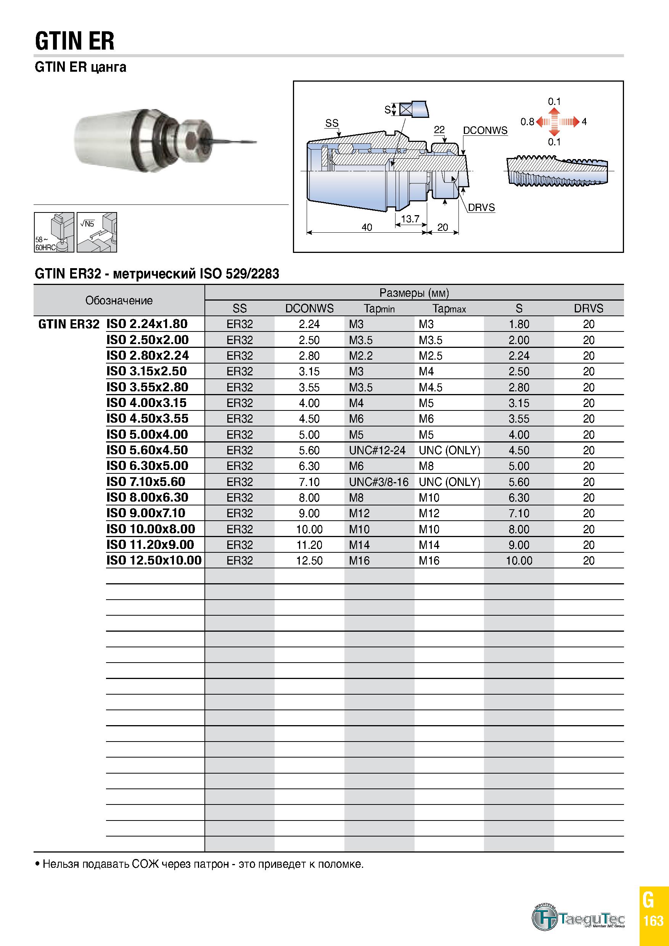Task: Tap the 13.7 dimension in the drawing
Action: (x=410, y=219)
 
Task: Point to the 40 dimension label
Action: (x=367, y=227)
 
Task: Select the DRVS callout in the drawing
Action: (x=481, y=207)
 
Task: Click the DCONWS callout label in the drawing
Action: (x=485, y=130)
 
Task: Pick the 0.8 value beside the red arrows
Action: (x=527, y=122)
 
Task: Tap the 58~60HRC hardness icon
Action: (x=54, y=232)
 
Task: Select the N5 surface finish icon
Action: (x=97, y=232)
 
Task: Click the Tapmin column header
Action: (x=379, y=309)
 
